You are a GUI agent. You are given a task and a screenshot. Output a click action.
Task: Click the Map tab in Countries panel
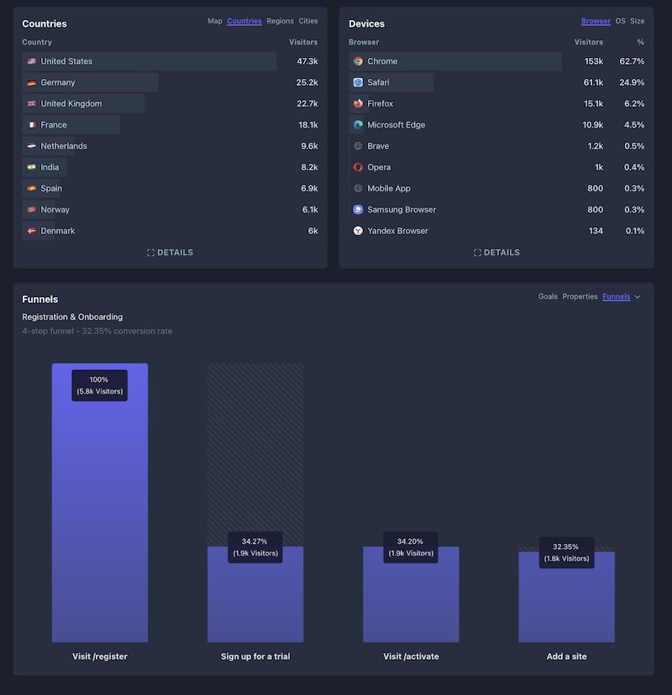(215, 21)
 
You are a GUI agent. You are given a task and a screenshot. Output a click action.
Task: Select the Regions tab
(280, 21)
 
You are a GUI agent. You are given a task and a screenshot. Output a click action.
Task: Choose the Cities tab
(308, 21)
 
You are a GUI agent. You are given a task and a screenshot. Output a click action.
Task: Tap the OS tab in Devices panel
(620, 21)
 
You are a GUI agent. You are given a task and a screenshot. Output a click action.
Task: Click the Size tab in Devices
(638, 21)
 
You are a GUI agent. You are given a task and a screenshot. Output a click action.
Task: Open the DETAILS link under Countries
(171, 252)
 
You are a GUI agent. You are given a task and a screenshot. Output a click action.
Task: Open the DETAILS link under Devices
(496, 252)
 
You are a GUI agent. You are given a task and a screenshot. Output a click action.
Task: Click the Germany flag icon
(31, 82)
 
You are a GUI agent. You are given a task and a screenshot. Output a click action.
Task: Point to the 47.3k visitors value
(307, 61)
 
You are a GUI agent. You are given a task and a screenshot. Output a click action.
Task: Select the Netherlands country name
(64, 146)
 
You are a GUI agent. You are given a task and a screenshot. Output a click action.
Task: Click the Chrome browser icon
(358, 61)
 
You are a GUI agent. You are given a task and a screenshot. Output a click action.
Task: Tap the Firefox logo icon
(358, 104)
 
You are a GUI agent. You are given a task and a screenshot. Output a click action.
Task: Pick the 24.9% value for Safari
(632, 82)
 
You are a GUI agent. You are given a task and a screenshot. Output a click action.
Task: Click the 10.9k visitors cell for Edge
(592, 125)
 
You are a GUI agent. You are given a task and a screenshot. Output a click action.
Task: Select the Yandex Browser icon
(358, 231)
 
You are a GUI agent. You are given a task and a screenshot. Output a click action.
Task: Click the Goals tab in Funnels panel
(548, 296)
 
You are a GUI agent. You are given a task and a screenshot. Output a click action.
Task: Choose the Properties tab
(580, 296)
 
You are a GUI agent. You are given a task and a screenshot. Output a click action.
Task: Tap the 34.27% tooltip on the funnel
(255, 547)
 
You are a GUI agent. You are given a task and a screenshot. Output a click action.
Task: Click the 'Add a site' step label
(566, 656)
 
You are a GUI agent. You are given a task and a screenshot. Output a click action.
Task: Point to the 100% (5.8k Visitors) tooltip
(100, 385)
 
